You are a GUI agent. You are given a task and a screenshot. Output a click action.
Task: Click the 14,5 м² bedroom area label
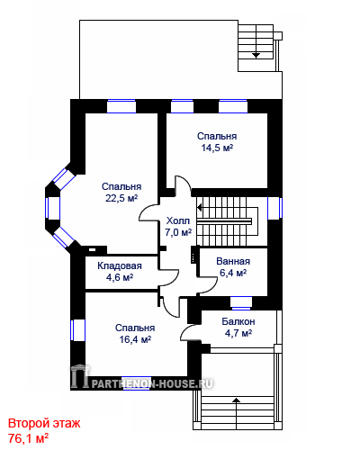217,148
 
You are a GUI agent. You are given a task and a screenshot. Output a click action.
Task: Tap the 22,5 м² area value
121,198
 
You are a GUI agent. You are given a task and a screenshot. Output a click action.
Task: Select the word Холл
178,220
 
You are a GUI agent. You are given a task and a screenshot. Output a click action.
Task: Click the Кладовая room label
120,265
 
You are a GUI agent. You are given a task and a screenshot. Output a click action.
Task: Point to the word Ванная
233,261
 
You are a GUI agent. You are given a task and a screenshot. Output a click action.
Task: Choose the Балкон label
238,321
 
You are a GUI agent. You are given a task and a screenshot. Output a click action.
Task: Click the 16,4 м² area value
135,339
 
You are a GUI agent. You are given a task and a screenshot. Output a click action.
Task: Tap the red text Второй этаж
44,423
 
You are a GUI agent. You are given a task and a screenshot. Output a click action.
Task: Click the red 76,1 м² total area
28,438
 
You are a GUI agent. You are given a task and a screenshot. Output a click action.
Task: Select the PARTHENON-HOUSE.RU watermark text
152,383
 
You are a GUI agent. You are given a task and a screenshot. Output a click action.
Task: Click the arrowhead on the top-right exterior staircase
256,55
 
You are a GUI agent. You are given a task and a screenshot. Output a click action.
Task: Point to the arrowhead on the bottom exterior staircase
237,400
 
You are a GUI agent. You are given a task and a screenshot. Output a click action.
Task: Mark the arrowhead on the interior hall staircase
200,207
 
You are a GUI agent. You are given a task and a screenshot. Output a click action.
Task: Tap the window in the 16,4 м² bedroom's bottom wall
137,382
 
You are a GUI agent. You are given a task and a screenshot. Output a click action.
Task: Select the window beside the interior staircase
274,208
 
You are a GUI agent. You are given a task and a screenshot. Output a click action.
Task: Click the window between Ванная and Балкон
241,302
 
